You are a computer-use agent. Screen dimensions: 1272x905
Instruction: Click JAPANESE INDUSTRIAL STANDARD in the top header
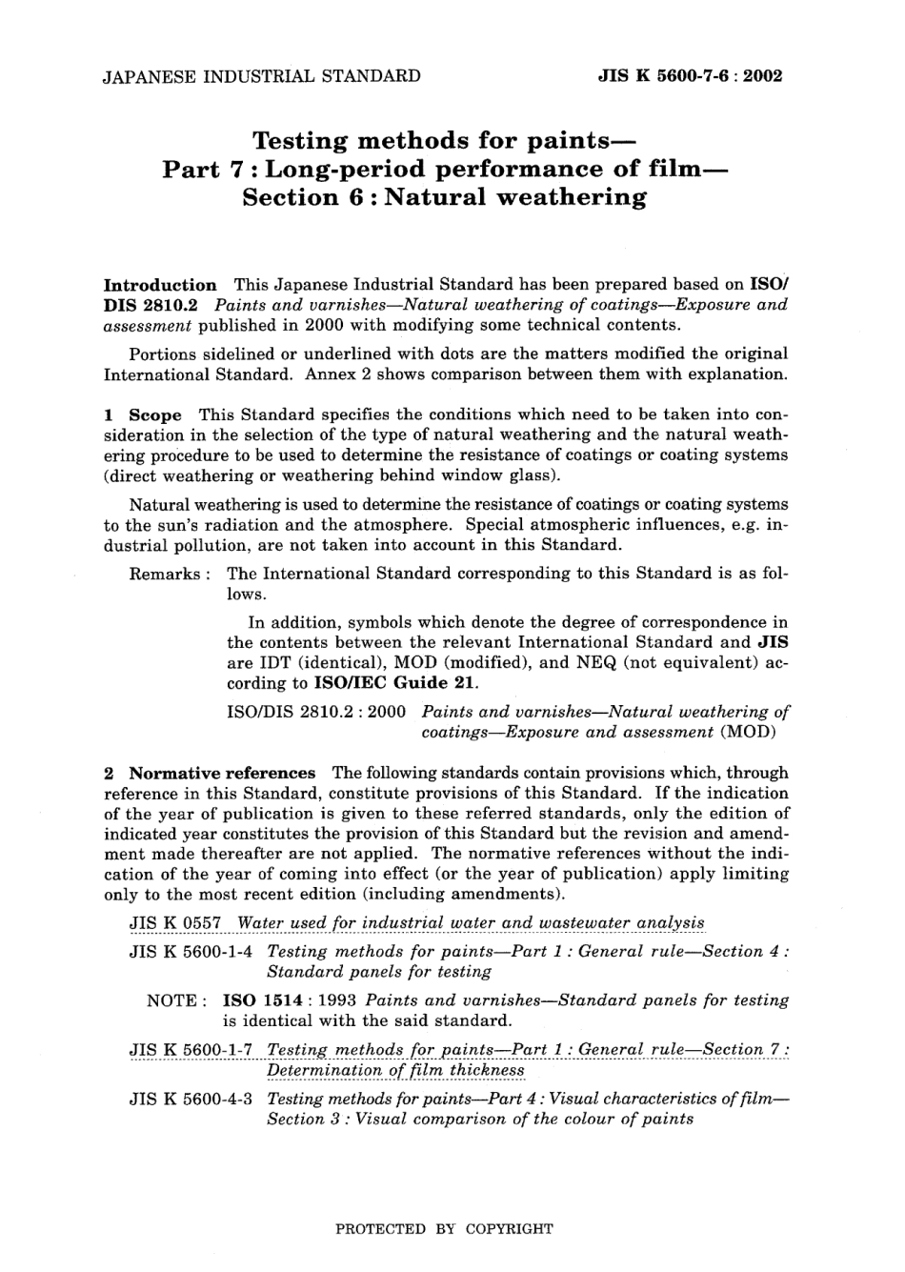pos(261,76)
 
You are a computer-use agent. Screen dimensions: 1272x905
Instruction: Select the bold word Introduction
pos(159,285)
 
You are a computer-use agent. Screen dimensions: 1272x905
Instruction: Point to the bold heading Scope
pos(154,415)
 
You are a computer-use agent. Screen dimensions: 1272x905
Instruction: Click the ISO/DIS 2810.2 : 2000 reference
pos(317,712)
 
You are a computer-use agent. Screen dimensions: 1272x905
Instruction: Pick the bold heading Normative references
pos(222,774)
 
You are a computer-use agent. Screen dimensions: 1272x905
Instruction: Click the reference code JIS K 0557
pos(175,923)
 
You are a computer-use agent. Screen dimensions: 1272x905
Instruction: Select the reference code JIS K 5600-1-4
pos(190,952)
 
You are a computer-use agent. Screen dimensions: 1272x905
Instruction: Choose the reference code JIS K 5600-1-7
pos(190,1050)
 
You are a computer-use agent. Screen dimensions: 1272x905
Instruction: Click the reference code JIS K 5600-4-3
pos(190,1100)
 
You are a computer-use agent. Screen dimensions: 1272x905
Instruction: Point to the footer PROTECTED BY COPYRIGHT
pos(444,1229)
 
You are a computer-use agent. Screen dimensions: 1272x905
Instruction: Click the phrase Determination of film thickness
pos(395,1070)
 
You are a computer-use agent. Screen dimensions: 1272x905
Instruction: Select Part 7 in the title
pos(206,171)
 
